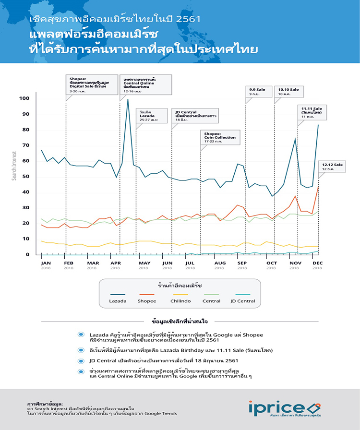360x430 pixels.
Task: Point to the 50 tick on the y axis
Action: tap(25, 177)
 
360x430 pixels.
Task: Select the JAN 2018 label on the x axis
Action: tap(46, 265)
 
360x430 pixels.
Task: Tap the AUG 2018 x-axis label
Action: tap(220, 265)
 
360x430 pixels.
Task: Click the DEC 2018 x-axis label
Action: tap(317, 265)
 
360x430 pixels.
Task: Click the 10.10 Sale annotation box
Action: tap(288, 91)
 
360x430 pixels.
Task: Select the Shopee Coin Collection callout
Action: tap(220, 137)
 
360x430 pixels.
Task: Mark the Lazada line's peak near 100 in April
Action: tap(128, 99)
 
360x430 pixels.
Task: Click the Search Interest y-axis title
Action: tap(14, 166)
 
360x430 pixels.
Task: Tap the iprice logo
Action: tap(285, 408)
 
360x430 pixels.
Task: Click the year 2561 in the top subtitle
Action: tap(188, 20)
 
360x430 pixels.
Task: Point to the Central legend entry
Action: tap(211, 301)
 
